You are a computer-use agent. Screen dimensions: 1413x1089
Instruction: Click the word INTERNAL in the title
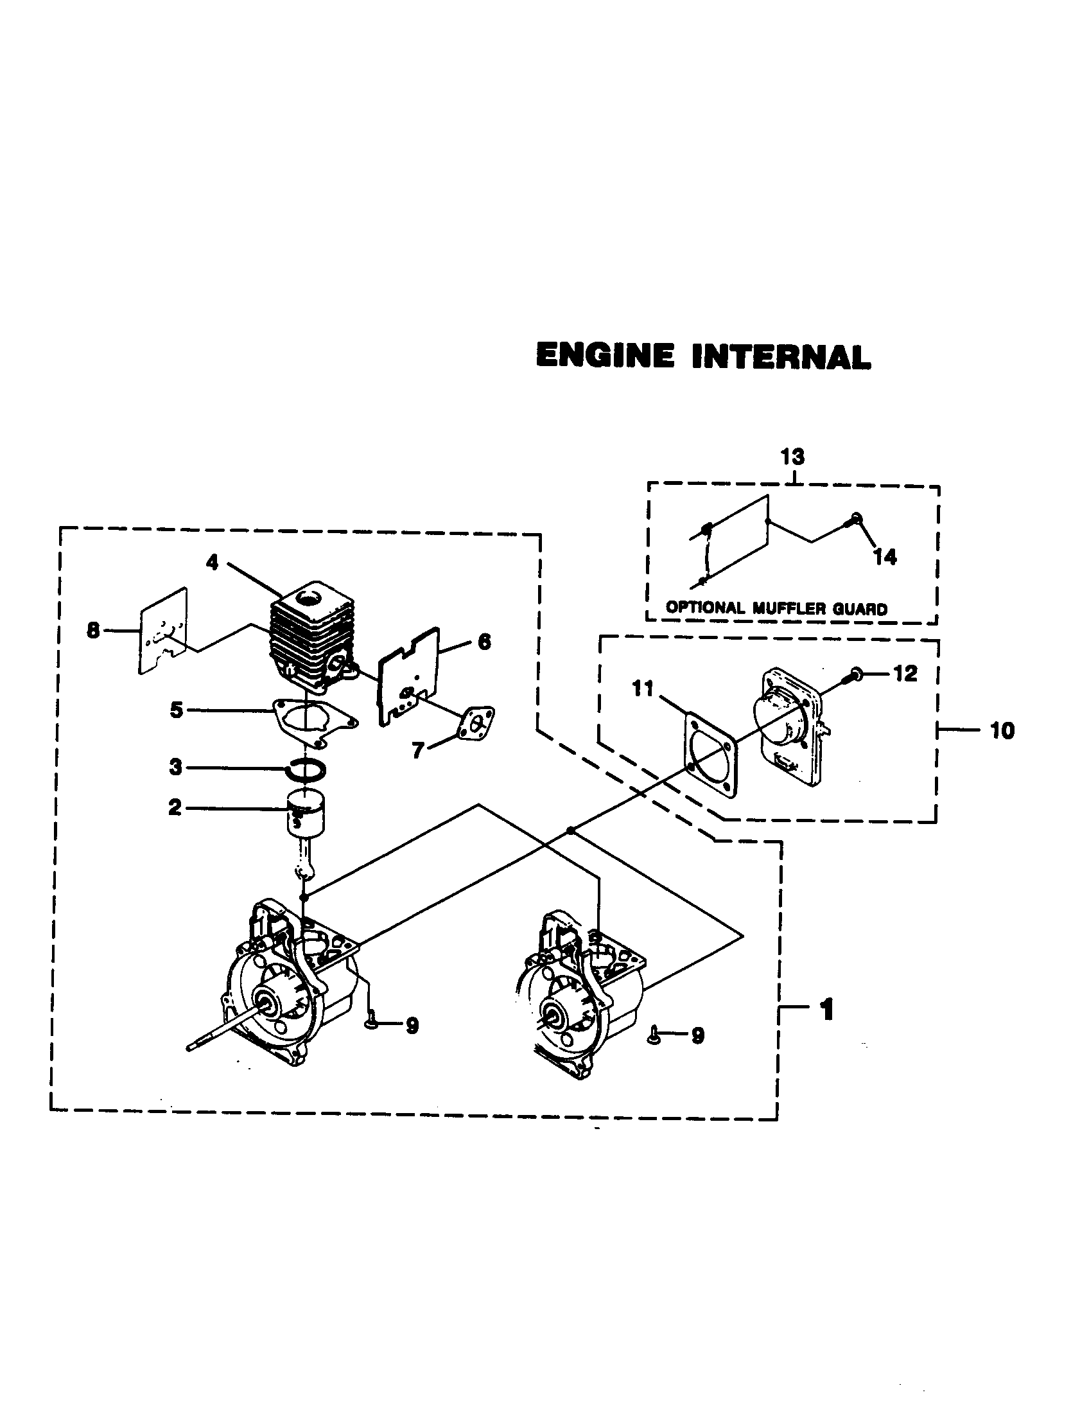pyautogui.click(x=781, y=358)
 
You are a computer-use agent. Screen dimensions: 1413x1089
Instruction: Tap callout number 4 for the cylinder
pyautogui.click(x=212, y=563)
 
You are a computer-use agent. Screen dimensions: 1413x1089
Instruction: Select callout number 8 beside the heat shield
pyautogui.click(x=94, y=630)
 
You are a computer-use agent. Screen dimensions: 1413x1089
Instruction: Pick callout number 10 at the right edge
pyautogui.click(x=1002, y=731)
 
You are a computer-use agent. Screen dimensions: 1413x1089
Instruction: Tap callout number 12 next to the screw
pyautogui.click(x=905, y=674)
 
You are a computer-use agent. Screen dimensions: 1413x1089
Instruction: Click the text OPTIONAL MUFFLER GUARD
pyautogui.click(x=776, y=608)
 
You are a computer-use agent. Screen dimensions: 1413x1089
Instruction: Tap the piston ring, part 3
pyautogui.click(x=307, y=770)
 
